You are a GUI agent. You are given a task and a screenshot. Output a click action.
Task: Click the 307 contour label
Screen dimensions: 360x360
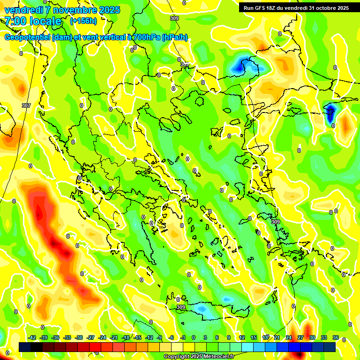coord(26,105)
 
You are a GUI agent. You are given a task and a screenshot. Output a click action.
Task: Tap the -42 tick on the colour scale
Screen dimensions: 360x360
coord(32,337)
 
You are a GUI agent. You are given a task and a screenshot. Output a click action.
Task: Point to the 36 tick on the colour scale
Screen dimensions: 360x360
coord(336,337)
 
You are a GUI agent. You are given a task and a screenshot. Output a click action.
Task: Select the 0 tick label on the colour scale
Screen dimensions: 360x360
coord(194,337)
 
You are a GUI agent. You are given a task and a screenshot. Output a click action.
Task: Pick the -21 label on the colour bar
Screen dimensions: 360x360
coord(114,337)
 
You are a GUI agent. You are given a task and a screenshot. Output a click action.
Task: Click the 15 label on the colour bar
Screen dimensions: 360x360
coord(254,337)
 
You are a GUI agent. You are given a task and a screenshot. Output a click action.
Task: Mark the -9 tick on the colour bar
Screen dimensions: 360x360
coord(159,337)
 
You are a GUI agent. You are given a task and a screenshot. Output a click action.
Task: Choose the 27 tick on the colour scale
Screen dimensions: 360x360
coord(300,337)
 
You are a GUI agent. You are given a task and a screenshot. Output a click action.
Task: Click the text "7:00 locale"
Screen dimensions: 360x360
coord(33,21)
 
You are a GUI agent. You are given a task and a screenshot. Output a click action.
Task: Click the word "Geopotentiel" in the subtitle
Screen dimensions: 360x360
coord(28,37)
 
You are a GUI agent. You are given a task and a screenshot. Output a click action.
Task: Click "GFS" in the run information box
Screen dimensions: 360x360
coord(261,8)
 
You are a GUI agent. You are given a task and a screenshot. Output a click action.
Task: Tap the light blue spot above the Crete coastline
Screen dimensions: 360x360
coord(202,309)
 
